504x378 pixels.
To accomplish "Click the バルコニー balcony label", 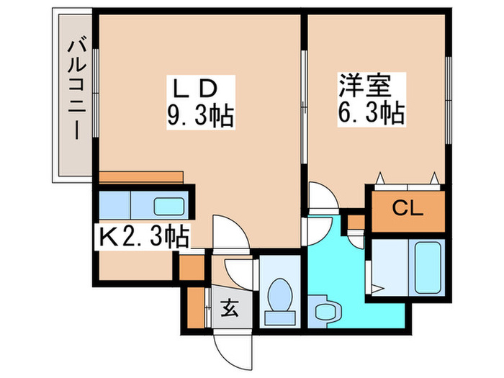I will pyautogui.click(x=73, y=91).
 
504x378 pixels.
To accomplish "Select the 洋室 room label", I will pyautogui.click(x=365, y=88).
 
